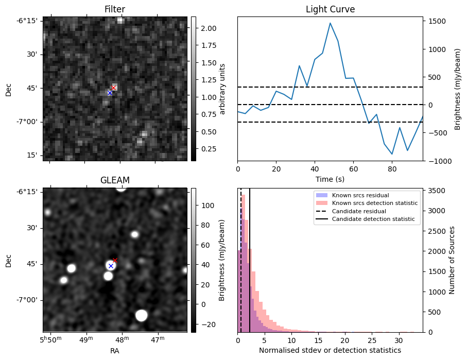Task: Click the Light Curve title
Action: (x=330, y=9)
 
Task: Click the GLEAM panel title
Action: (x=114, y=180)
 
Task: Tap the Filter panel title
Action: (x=114, y=9)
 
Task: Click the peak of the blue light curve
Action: (x=330, y=23)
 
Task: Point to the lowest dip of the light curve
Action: (x=392, y=154)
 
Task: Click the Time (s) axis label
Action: (x=330, y=179)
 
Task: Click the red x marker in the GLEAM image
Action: (x=115, y=260)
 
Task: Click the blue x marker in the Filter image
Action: (x=110, y=93)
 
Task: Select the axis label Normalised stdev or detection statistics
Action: (x=330, y=350)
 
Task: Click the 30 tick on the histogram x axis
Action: (x=399, y=340)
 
